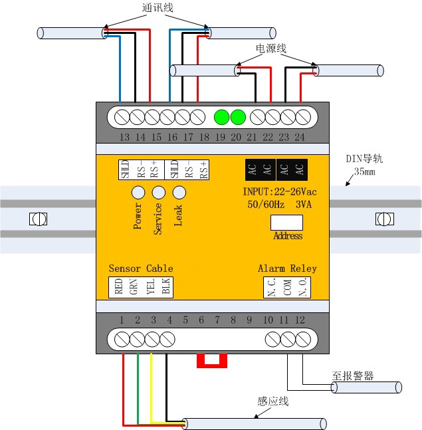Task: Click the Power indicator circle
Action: click(x=138, y=193)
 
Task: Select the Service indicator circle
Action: click(x=158, y=193)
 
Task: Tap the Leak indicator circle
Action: click(x=179, y=193)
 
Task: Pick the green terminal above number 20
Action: click(x=238, y=118)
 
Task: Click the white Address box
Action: click(x=287, y=223)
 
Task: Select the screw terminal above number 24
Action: click(x=303, y=118)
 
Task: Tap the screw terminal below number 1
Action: click(x=122, y=340)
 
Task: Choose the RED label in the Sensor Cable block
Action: click(x=118, y=286)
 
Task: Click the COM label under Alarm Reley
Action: click(x=287, y=286)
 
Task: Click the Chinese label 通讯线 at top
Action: click(x=158, y=8)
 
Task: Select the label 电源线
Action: click(x=270, y=49)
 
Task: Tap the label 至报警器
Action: click(x=353, y=375)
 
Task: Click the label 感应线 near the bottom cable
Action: click(x=272, y=401)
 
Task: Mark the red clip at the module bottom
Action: click(x=212, y=360)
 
